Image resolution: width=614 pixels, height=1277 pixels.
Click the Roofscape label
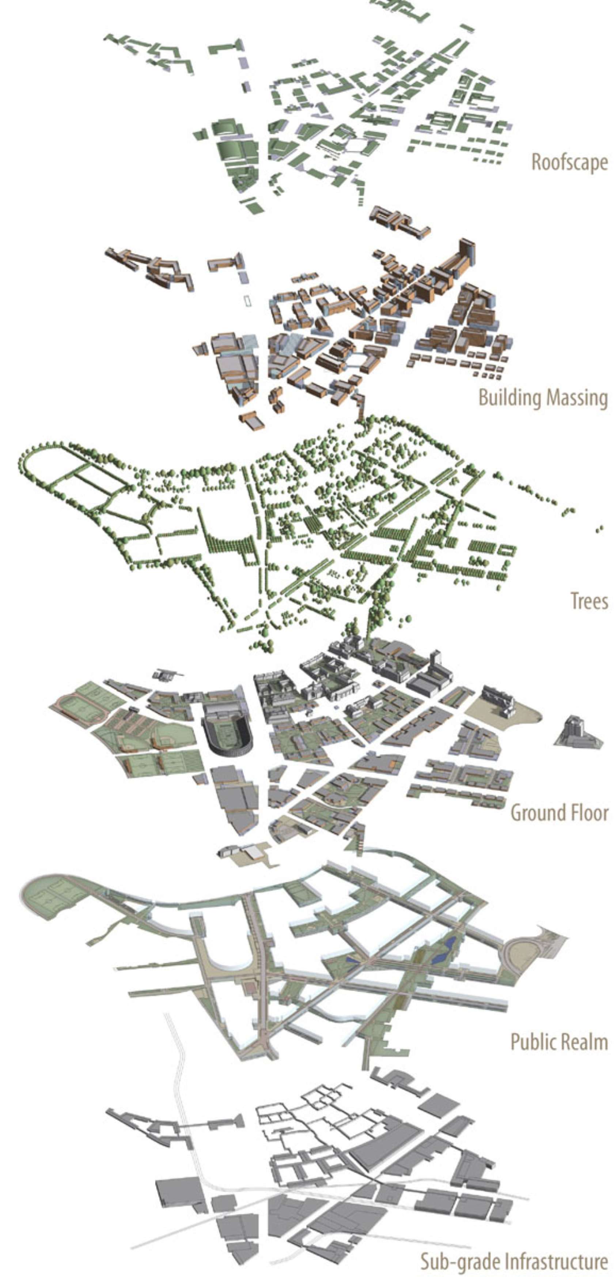tap(569, 163)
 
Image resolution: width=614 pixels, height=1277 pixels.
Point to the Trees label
tap(589, 601)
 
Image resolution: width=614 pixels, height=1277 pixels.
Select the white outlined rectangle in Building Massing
tap(246, 300)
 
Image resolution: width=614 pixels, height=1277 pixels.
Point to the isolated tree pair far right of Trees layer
tap(600, 529)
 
